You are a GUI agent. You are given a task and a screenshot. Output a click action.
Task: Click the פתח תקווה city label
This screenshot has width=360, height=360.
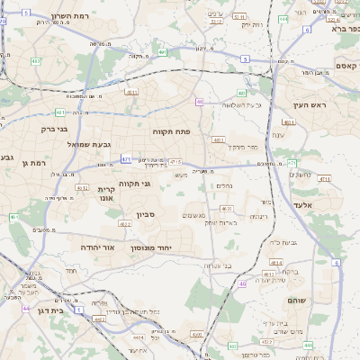click(x=170, y=130)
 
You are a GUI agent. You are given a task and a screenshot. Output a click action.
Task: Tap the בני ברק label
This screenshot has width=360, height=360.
click(x=38, y=129)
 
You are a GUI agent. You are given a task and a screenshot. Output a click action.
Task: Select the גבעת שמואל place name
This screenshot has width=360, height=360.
click(x=88, y=144)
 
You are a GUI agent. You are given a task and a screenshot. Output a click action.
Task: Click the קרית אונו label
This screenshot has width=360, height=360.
click(x=107, y=194)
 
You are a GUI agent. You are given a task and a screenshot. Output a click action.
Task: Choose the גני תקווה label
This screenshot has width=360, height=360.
click(x=158, y=184)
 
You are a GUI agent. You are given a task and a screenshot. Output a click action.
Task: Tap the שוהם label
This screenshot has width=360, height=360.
click(x=297, y=298)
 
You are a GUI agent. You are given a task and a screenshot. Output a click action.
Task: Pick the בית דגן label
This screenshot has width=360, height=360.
click(x=53, y=310)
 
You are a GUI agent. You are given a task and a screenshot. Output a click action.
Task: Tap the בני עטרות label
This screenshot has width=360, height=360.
click(x=220, y=265)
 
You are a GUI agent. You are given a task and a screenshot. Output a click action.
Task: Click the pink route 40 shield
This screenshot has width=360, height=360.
click(x=200, y=102)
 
